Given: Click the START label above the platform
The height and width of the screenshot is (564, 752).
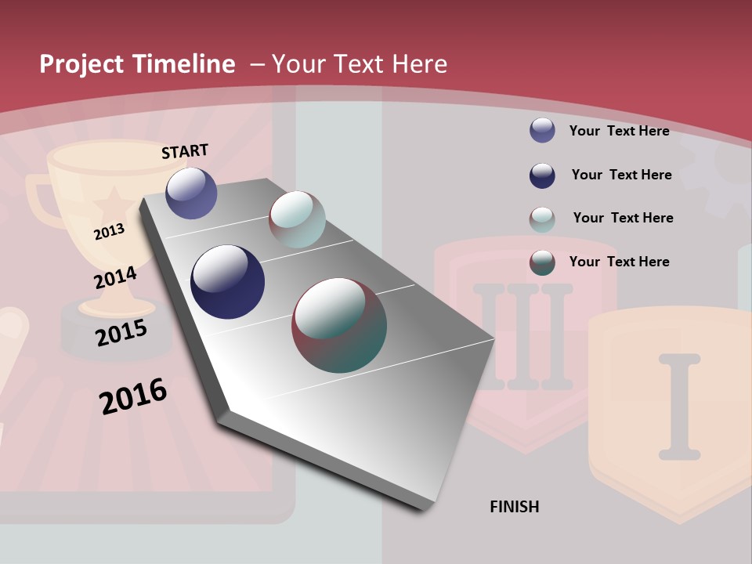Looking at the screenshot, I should pyautogui.click(x=185, y=151).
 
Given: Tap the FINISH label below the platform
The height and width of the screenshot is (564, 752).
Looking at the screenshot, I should pyautogui.click(x=515, y=507).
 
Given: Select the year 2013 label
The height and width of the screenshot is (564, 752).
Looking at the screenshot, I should pyautogui.click(x=109, y=232).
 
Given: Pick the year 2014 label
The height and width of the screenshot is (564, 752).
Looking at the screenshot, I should pyautogui.click(x=115, y=278).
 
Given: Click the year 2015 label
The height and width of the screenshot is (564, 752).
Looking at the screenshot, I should pyautogui.click(x=121, y=333).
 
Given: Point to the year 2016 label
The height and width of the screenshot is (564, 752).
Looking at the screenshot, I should pyautogui.click(x=133, y=396).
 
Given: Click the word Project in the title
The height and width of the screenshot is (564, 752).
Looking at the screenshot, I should pyautogui.click(x=82, y=64).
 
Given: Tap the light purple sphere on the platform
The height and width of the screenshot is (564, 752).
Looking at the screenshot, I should pyautogui.click(x=191, y=193).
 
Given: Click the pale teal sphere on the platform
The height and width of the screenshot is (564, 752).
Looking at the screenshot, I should pyautogui.click(x=297, y=219).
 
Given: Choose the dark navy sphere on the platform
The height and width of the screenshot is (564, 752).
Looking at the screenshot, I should pyautogui.click(x=227, y=282).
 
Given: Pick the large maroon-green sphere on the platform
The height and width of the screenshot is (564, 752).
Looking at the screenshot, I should pyautogui.click(x=339, y=325).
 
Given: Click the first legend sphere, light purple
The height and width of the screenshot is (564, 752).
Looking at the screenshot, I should pyautogui.click(x=542, y=130).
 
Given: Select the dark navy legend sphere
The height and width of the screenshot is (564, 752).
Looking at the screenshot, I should pyautogui.click(x=542, y=175).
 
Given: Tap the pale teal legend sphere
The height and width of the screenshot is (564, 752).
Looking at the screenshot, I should pyautogui.click(x=542, y=219).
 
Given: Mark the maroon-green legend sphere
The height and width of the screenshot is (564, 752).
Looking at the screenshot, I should pyautogui.click(x=542, y=262).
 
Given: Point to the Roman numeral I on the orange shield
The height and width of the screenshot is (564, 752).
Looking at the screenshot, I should pyautogui.click(x=679, y=406).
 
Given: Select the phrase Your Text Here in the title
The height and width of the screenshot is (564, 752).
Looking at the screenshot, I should pyautogui.click(x=360, y=64).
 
